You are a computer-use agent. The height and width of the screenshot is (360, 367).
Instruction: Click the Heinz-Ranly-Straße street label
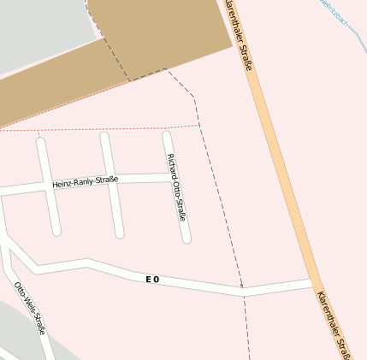tap(85, 181)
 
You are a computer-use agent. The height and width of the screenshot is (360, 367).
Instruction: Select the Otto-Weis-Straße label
tap(30, 307)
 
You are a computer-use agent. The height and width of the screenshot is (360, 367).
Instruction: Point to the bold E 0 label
tap(152, 279)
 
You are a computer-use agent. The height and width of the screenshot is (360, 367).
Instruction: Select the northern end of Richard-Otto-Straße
tap(167, 135)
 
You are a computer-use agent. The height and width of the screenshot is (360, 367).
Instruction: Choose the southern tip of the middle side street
tap(120, 233)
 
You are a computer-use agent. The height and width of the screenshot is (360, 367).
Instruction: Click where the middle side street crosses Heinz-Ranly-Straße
tap(110, 180)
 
